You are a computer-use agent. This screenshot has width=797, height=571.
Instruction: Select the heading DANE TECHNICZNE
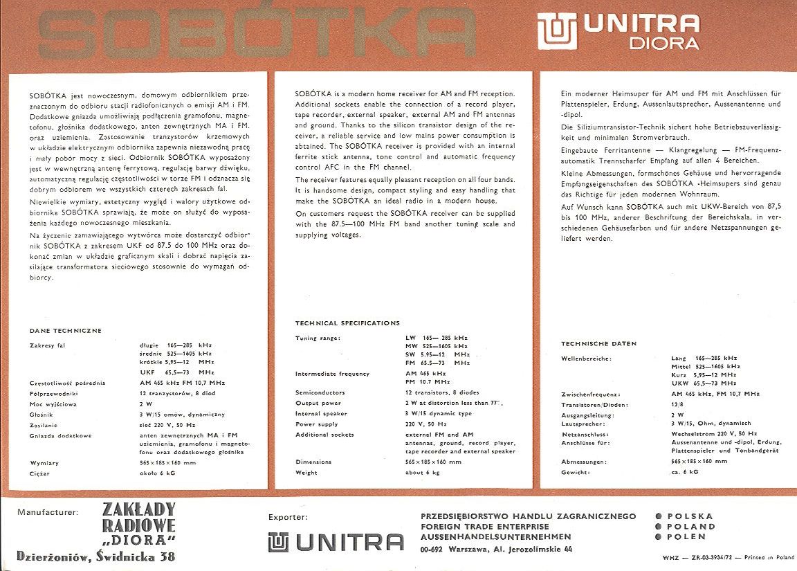[x=66, y=331]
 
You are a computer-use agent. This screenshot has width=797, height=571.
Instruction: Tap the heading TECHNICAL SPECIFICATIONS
[x=347, y=323]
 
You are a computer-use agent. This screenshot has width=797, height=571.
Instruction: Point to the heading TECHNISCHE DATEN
[x=599, y=344]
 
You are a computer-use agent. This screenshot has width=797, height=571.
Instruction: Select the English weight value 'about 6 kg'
[x=422, y=473]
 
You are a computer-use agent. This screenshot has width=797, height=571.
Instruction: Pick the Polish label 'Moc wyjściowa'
[x=53, y=404]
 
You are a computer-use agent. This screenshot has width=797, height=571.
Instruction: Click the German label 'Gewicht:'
[x=576, y=472]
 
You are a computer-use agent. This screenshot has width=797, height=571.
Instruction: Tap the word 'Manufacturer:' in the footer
[x=48, y=513]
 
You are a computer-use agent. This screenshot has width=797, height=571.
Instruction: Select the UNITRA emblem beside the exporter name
[x=278, y=542]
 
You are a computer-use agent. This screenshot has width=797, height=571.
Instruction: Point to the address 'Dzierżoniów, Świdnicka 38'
[x=95, y=556]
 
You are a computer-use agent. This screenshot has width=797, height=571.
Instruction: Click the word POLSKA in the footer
[x=690, y=516]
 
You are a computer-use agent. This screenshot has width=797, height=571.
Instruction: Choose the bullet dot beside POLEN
[x=659, y=536]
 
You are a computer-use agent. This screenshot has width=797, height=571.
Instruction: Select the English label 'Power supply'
[x=316, y=424]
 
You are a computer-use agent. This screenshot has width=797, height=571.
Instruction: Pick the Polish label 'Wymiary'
[x=44, y=462]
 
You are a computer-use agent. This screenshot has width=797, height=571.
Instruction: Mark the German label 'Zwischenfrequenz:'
[x=590, y=395]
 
